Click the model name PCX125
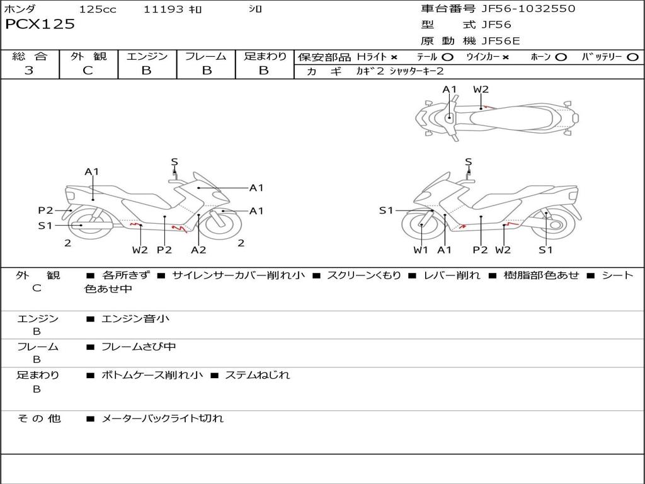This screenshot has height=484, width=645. [40, 25]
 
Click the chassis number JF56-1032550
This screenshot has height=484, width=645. [528, 8]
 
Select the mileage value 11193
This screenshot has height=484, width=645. [163, 9]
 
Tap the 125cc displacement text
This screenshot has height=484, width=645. [98, 9]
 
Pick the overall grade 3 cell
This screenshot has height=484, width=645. [29, 71]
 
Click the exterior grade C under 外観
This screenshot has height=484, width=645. [88, 71]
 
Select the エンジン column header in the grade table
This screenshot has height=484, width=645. [147, 57]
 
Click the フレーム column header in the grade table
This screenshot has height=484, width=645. [206, 57]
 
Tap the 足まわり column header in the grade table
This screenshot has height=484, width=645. [265, 57]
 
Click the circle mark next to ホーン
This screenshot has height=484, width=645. [561, 57]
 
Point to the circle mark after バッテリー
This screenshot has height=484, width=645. [632, 57]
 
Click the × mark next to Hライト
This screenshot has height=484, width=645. [394, 57]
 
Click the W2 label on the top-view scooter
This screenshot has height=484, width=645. [481, 89]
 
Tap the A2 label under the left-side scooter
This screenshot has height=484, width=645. [198, 250]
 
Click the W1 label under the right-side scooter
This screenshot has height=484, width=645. [421, 250]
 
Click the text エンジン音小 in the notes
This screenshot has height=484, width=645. [135, 319]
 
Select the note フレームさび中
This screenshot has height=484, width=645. [139, 347]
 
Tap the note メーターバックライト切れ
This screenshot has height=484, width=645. [163, 418]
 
